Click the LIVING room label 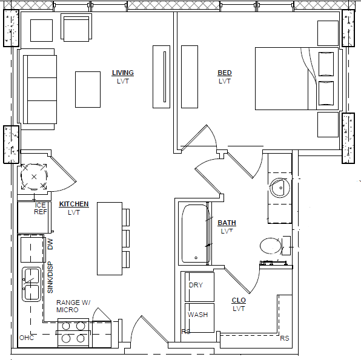pos(123,73)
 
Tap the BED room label pos(225,73)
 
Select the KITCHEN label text pos(74,204)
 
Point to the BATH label pos(227,223)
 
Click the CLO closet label pos(239,300)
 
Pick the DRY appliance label pos(196,285)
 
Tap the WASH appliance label pos(198,315)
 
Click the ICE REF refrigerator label pos(41,208)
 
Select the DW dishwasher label pos(50,244)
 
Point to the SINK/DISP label pos(50,277)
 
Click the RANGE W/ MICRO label pos(73,306)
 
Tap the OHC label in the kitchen pos(27,338)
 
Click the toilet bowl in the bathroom pos(271,246)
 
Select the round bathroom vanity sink pos(280,188)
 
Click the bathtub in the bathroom pos(195,234)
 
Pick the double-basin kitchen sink pos(31,284)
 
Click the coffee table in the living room pos(88,90)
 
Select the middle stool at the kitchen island pos(126,238)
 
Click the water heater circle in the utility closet pos(34,177)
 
